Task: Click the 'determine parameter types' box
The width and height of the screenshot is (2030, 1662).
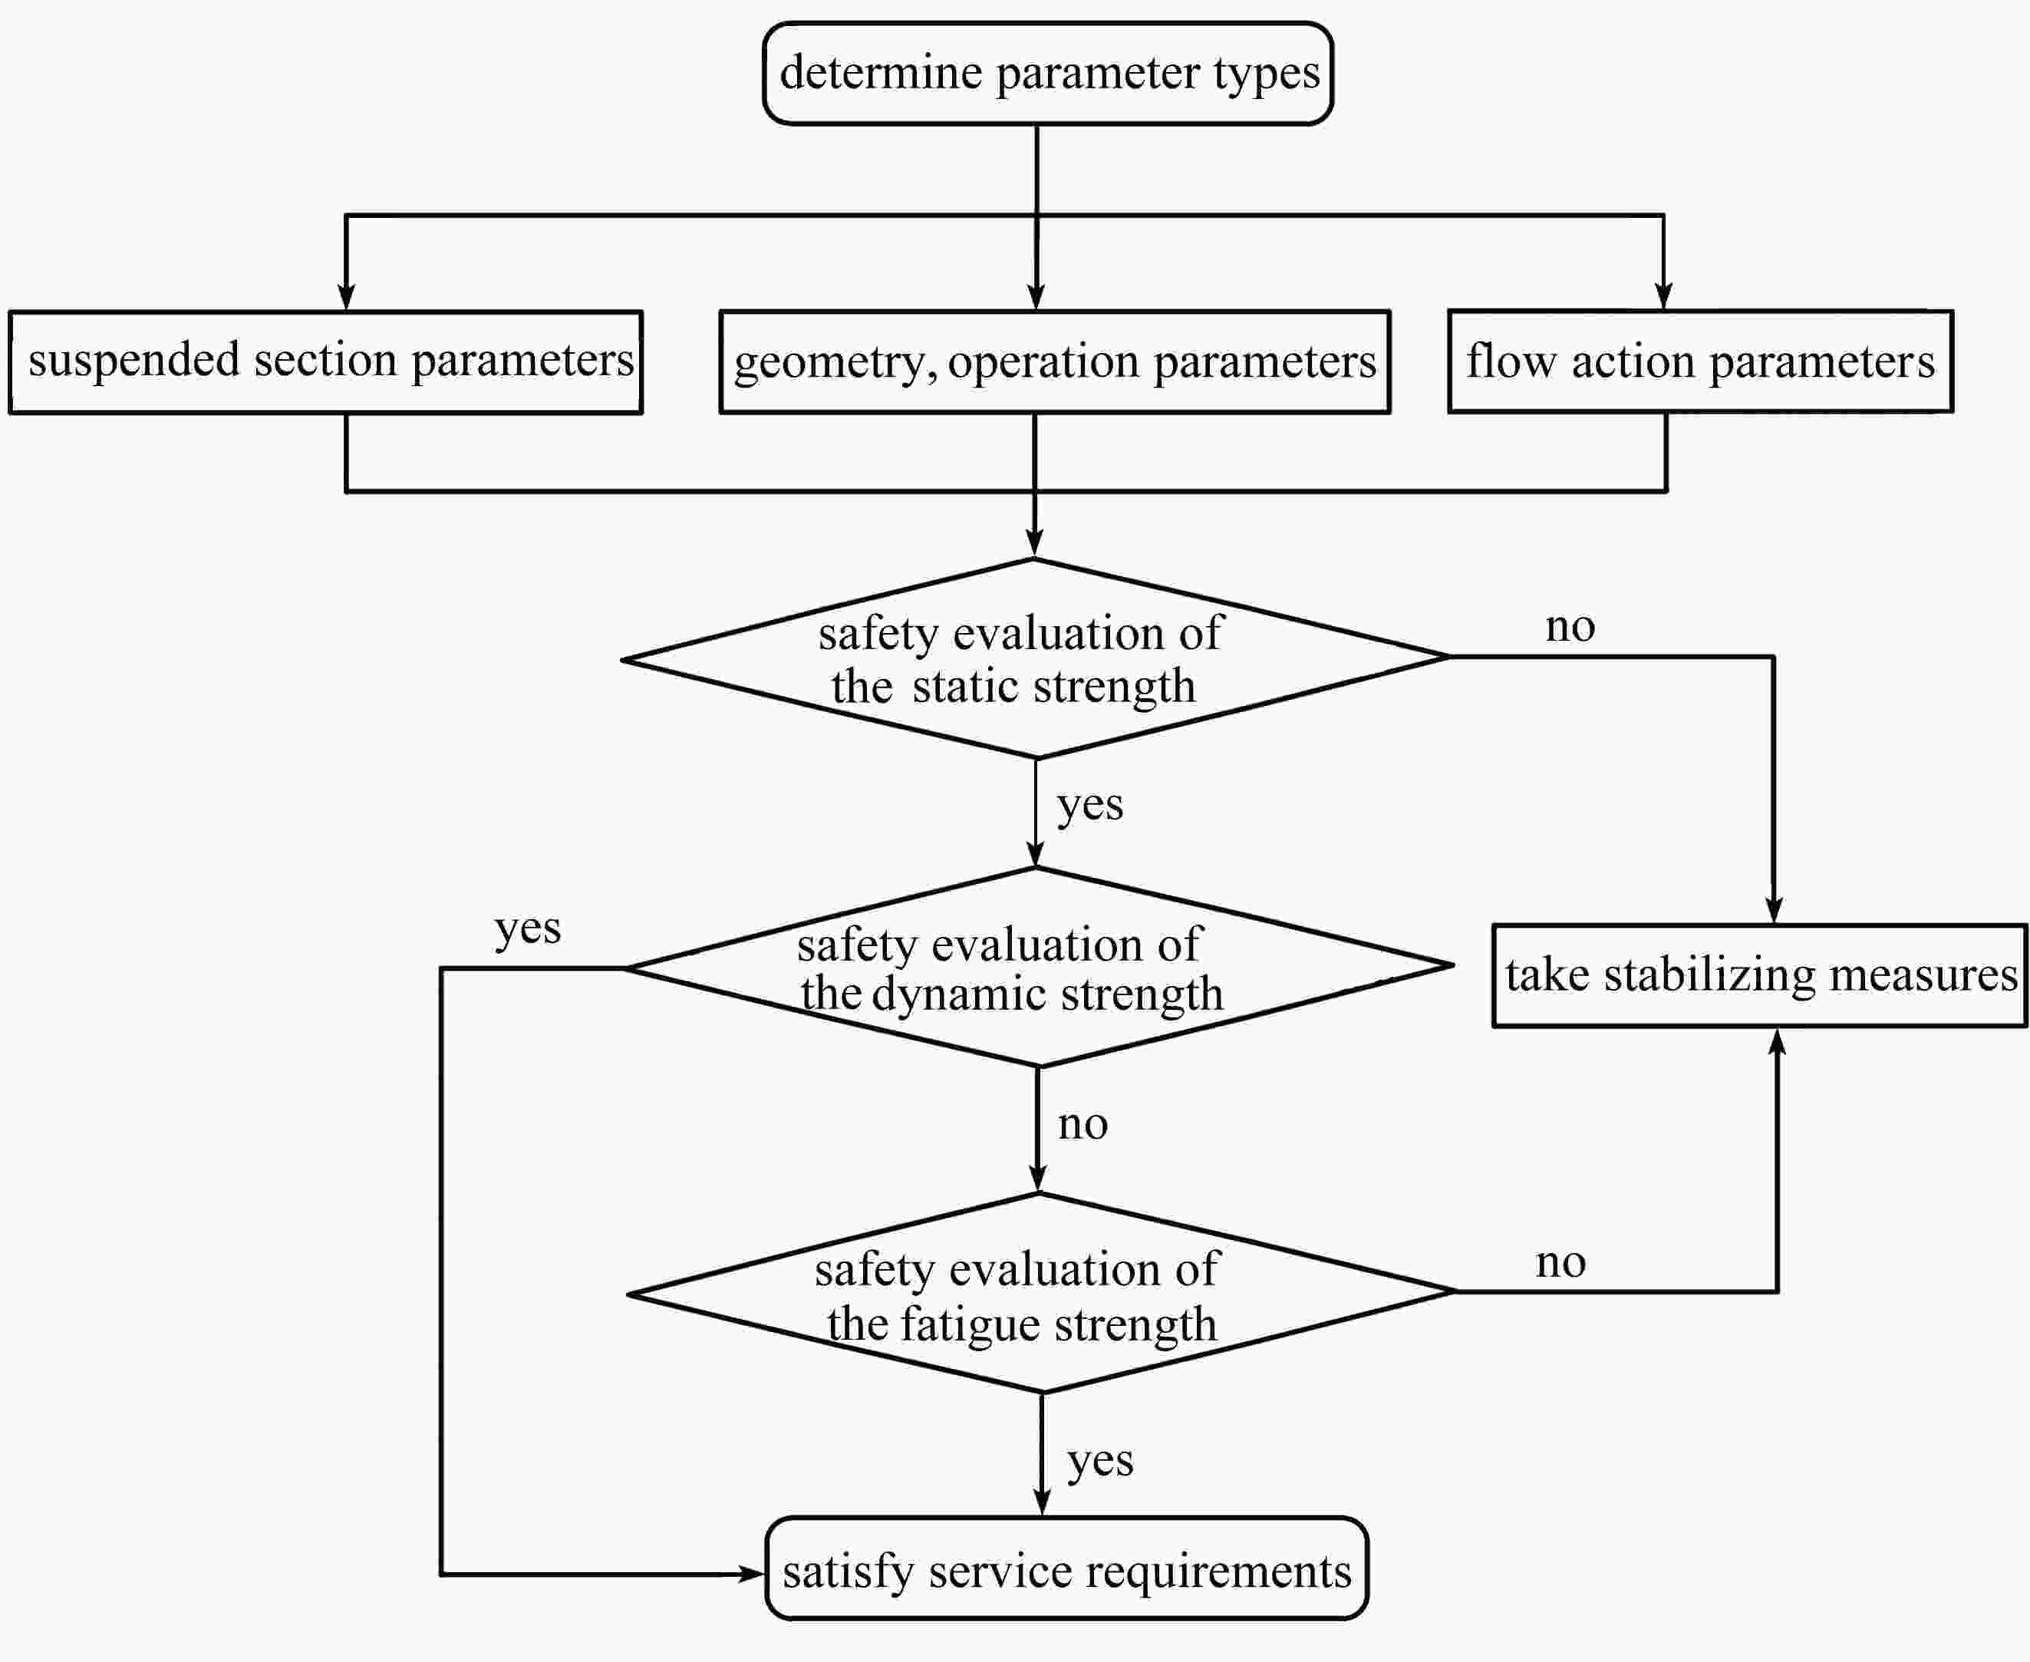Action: [x=1048, y=74]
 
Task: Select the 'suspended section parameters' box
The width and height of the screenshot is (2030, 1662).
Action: [x=325, y=362]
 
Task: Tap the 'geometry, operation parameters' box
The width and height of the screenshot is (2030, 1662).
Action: [x=1055, y=362]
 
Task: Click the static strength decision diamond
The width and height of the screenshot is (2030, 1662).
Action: [x=1036, y=658]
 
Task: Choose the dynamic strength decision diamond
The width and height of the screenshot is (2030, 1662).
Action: [x=1039, y=967]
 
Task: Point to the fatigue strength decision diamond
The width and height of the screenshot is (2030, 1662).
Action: [x=1041, y=1292]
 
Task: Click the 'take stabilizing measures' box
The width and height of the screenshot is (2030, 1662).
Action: [x=1759, y=975]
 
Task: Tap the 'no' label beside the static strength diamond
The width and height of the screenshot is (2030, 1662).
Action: [x=1570, y=627]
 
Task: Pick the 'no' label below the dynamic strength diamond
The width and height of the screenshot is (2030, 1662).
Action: [x=1083, y=1125]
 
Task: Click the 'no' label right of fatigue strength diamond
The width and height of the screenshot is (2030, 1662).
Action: [x=1561, y=1264]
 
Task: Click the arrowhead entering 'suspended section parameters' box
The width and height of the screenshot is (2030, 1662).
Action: [x=347, y=297]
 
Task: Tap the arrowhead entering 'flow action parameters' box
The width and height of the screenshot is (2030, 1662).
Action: [x=1663, y=296]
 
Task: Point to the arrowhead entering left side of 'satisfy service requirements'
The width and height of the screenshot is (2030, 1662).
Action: [x=753, y=1573]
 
